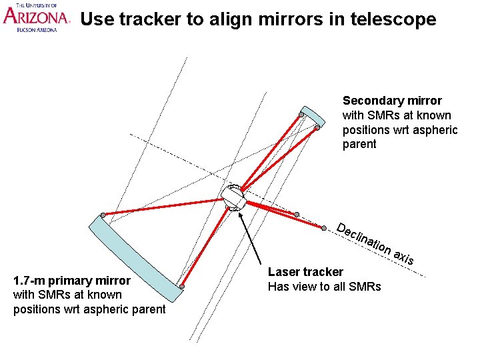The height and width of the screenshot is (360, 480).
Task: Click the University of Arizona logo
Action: [x=36, y=17]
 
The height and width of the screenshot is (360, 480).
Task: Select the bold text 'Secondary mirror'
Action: [x=392, y=101]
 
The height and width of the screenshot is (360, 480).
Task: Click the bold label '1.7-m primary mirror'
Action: [x=72, y=280]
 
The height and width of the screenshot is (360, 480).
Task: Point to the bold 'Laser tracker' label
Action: [x=305, y=272]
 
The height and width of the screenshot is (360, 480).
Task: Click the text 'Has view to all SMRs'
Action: [x=324, y=287]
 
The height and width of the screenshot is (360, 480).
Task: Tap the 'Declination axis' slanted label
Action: [x=375, y=244]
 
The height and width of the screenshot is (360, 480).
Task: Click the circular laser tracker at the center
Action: [x=233, y=197]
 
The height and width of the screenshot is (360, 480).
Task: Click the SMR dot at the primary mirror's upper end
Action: [x=103, y=215]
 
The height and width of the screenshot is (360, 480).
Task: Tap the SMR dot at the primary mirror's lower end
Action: [x=181, y=287]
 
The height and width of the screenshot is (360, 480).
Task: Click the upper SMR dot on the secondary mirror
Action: [x=301, y=115]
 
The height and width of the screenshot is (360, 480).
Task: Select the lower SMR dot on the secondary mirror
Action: [x=317, y=128]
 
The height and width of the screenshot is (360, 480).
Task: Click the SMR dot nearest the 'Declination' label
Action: [x=323, y=229]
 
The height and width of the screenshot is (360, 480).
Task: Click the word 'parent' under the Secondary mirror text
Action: [x=359, y=145]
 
